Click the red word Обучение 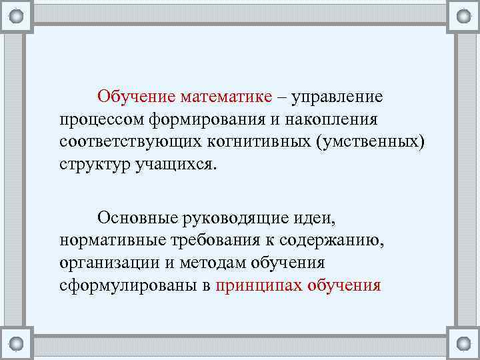pos(136,97)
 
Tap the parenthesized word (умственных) pos(361,143)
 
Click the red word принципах pos(257,286)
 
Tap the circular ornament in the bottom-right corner pos(463,343)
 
